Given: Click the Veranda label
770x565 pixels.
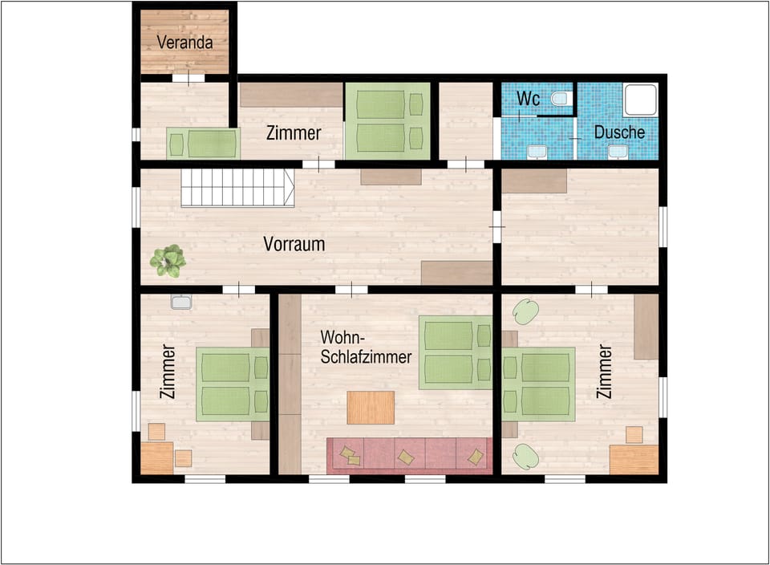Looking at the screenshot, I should point(184,42).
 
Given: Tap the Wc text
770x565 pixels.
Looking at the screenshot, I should point(528,99).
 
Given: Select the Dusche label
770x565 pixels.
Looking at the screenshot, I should point(619,132).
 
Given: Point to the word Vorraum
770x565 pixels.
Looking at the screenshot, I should point(294,244).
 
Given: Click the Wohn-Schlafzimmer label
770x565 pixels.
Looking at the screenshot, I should point(366,347).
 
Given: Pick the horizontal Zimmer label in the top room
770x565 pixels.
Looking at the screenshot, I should point(294,133).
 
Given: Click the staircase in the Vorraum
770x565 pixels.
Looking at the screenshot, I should point(237,188).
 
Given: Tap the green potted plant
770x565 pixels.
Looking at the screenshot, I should point(168,261).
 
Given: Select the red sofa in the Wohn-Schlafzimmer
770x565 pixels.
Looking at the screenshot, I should point(409,455).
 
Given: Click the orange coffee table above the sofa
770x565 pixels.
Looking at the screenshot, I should point(371,407).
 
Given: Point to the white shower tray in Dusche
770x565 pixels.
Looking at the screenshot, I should point(641,100).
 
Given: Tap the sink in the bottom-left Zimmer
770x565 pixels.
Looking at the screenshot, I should point(181,303).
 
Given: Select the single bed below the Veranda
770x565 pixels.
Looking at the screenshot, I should point(203,144).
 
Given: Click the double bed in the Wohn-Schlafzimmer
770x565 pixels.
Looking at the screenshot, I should point(456,352).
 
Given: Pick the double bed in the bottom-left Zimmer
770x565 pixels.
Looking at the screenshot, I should point(233,384).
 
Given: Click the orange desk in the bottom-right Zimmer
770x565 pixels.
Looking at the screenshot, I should point(633,460).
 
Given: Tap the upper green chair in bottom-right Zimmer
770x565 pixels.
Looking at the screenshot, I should point(525,311).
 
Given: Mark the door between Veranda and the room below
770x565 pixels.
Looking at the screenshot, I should point(188,79).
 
